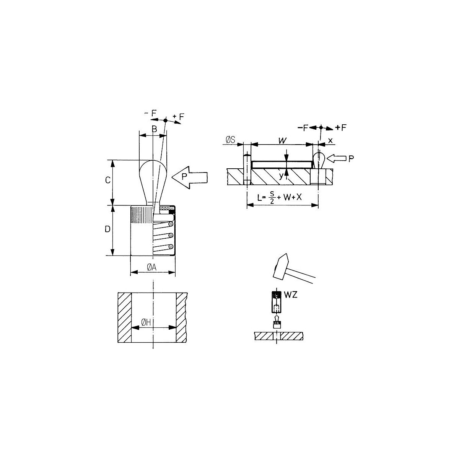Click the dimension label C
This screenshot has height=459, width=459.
click(x=107, y=180)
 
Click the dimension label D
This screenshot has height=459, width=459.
click(x=107, y=229)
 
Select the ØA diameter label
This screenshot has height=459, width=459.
click(x=152, y=267)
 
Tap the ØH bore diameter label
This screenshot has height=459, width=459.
click(x=146, y=322)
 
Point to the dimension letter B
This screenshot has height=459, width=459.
click(x=155, y=129)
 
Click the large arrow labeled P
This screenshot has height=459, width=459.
click(x=190, y=177)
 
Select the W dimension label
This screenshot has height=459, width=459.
click(x=282, y=140)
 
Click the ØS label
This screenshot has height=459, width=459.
click(x=230, y=140)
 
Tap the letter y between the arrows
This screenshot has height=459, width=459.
click(x=281, y=176)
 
